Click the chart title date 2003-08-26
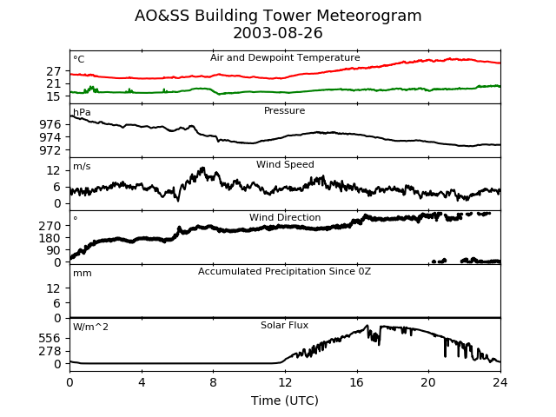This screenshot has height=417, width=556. [278, 34]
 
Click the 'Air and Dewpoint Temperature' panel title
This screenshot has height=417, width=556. [285, 58]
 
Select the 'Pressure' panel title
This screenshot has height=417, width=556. [285, 111]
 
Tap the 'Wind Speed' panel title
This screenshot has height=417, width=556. [285, 165]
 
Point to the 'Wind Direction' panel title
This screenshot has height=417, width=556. [285, 218]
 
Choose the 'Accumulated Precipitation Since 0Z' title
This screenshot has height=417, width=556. [285, 272]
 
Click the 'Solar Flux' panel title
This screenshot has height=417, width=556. [285, 326]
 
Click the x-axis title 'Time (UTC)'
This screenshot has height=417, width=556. [285, 400]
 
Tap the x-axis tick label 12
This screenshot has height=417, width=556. [285, 382]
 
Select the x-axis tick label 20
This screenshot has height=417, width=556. [428, 382]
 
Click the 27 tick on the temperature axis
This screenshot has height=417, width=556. [55, 71]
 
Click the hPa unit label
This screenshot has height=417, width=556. [82, 113]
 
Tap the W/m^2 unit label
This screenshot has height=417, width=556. [90, 328]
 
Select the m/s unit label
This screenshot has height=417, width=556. [82, 167]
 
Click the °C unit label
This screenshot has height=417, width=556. [78, 60]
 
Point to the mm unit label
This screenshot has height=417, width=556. [82, 274]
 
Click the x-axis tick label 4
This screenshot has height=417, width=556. [142, 382]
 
